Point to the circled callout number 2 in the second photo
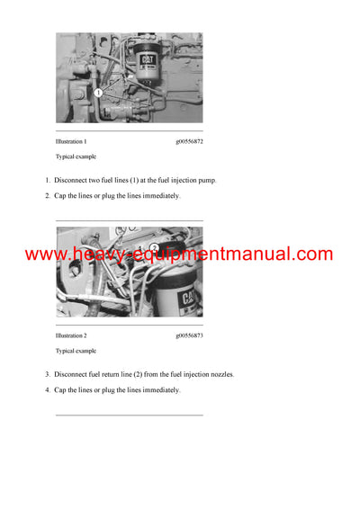pyautogui.click(x=154, y=247)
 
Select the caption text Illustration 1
pyautogui.click(x=71, y=142)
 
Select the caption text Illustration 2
pyautogui.click(x=71, y=335)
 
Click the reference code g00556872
pyautogui.click(x=189, y=142)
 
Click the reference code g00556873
pyautogui.click(x=189, y=335)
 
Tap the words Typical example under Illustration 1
pyautogui.click(x=76, y=157)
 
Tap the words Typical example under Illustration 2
pyautogui.click(x=76, y=351)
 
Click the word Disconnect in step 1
pyautogui.click(x=73, y=180)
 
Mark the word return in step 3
pyautogui.click(x=123, y=374)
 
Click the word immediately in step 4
pyautogui.click(x=161, y=389)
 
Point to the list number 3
pyautogui.click(x=48, y=374)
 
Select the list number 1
pyautogui.click(x=48, y=180)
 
